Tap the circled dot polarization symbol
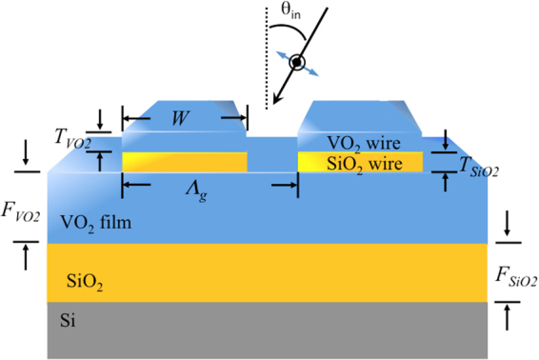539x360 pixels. (297, 64)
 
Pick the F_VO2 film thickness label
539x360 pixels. (20, 215)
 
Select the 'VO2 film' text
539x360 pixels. (94, 223)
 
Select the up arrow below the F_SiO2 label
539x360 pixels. (508, 316)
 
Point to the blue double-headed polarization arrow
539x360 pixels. (298, 64)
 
